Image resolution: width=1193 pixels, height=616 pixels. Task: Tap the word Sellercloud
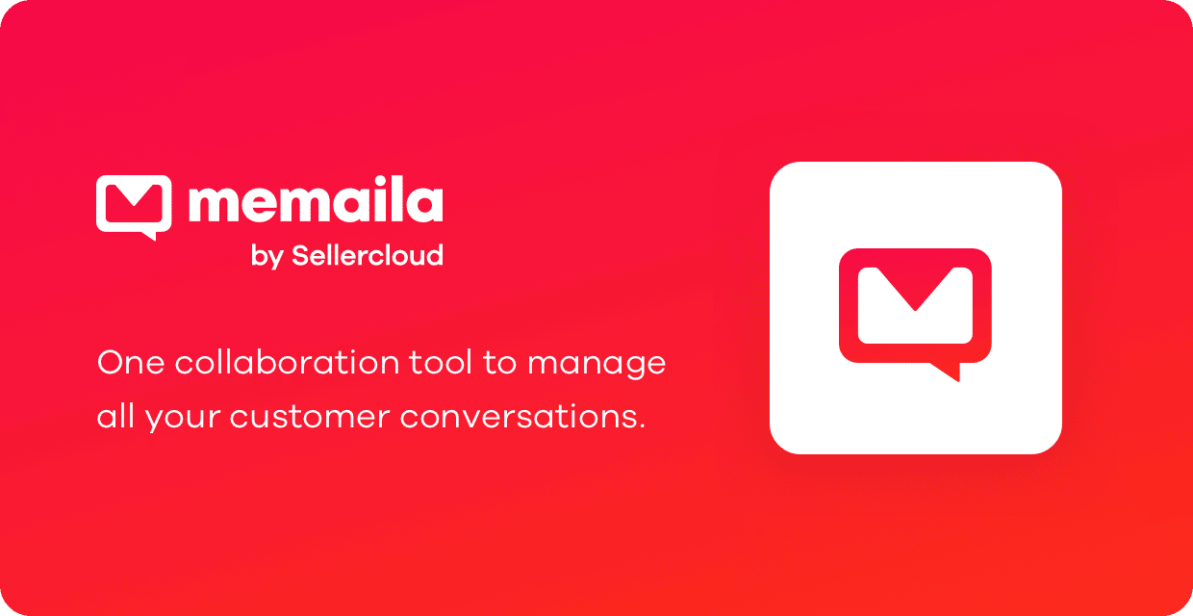(x=368, y=255)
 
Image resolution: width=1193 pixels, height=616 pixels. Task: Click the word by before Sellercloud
(x=267, y=257)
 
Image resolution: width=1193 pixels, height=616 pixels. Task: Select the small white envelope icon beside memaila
(x=134, y=207)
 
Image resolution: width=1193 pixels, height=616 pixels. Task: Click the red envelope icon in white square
(x=915, y=315)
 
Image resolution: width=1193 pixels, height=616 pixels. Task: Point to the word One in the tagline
(x=131, y=363)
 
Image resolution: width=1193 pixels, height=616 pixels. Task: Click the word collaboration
(x=287, y=362)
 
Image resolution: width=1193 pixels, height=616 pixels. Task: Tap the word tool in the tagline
(x=441, y=362)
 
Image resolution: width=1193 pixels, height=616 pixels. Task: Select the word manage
(x=596, y=366)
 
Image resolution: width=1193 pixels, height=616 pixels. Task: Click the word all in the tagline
(x=115, y=416)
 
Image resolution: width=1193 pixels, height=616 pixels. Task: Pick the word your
(x=183, y=420)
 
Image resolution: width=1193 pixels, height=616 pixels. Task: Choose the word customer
(x=310, y=417)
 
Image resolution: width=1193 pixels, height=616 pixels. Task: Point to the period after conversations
(x=641, y=425)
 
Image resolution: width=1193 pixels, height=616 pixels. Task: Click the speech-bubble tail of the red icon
(x=948, y=372)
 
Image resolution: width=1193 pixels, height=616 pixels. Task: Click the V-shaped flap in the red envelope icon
(x=915, y=289)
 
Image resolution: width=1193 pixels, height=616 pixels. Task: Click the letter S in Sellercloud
(x=300, y=256)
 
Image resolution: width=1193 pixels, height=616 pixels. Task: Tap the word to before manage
(x=499, y=363)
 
